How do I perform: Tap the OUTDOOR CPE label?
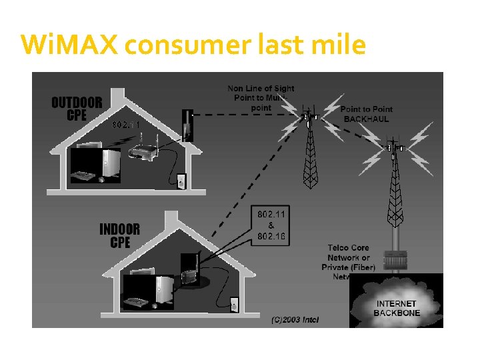tap(77, 109)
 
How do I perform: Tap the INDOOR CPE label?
tap(119, 235)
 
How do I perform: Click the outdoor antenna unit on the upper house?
tap(187, 127)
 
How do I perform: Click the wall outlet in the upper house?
tap(181, 180)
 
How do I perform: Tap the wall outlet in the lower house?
tap(233, 304)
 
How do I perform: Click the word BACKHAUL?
tap(366, 119)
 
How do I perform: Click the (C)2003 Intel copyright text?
tap(295, 320)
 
